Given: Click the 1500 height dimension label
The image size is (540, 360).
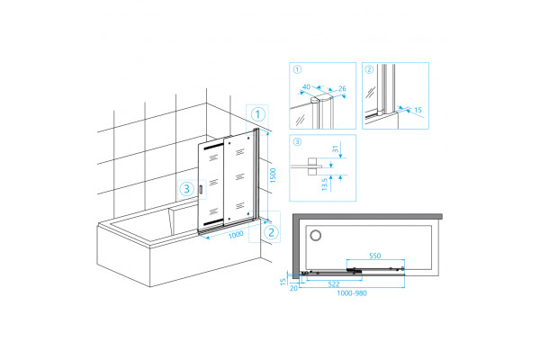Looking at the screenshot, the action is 273,175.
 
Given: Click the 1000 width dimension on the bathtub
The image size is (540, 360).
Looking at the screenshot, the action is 236,235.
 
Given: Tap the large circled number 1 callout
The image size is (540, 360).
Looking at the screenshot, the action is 258,114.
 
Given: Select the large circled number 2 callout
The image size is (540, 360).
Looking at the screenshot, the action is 271,232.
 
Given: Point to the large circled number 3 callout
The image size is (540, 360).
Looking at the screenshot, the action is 187,189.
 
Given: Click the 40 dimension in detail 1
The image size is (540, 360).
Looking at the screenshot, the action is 306,86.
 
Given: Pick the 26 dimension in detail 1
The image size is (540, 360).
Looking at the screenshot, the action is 342,88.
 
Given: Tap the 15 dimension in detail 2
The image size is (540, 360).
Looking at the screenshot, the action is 418,110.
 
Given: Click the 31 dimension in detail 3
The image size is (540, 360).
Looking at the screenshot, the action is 336,148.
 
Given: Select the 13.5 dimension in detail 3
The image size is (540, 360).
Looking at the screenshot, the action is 324,184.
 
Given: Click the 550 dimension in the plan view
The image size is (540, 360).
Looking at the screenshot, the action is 375,256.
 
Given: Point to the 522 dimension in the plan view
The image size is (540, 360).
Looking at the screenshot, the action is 334,284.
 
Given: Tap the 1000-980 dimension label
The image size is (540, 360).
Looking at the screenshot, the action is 352,293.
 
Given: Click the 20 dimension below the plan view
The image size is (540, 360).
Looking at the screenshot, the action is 293,288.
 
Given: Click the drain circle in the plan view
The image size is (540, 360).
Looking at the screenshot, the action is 316,235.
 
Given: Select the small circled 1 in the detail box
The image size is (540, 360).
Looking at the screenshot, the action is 297,69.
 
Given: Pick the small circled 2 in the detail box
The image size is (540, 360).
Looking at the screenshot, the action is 369,69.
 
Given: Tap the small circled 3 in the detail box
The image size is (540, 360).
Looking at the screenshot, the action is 297,141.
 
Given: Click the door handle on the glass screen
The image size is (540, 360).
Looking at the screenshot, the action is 201,190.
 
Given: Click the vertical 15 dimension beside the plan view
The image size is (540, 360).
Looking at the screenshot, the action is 283,282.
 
